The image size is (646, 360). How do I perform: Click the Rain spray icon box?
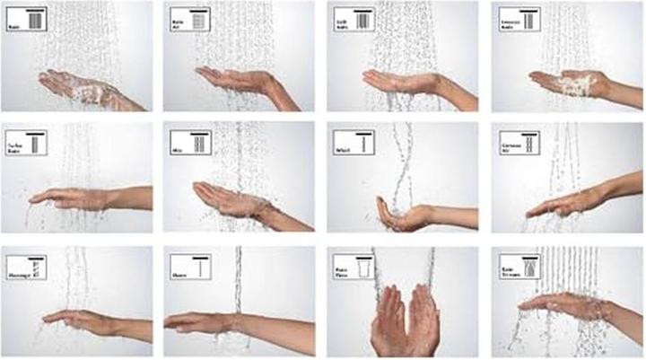(25, 20)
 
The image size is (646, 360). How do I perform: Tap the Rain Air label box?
(189, 20)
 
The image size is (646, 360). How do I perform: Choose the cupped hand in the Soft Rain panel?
(395, 81)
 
